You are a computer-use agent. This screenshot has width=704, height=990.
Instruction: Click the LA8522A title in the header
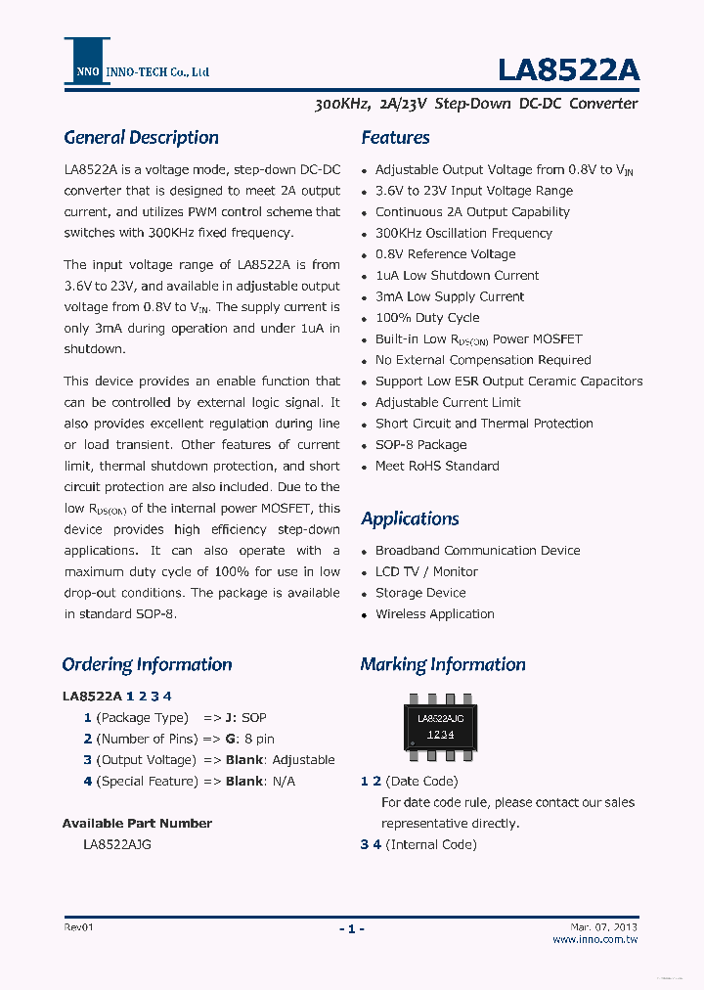pyautogui.click(x=568, y=70)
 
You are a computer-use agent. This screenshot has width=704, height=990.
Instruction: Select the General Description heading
pyautogui.click(x=141, y=138)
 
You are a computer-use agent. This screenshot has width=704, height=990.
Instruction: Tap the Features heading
pyautogui.click(x=395, y=138)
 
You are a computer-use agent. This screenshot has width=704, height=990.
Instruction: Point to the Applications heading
pyautogui.click(x=410, y=518)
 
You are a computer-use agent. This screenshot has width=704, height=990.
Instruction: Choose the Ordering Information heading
pyautogui.click(x=147, y=665)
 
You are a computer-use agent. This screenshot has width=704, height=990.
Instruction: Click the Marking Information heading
pyautogui.click(x=442, y=665)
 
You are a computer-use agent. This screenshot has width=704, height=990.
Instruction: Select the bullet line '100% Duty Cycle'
pyautogui.click(x=427, y=318)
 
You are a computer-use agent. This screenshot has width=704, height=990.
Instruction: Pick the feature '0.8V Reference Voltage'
pyautogui.click(x=445, y=254)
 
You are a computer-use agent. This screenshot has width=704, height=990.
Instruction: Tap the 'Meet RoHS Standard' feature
pyautogui.click(x=437, y=467)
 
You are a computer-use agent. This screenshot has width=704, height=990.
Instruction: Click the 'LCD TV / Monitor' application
pyautogui.click(x=426, y=572)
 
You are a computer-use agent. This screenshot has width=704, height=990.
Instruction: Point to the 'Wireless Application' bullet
pyautogui.click(x=434, y=614)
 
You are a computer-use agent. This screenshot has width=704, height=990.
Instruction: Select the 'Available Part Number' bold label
pyautogui.click(x=137, y=824)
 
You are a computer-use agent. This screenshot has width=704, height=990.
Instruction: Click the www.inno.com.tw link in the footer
pyautogui.click(x=594, y=939)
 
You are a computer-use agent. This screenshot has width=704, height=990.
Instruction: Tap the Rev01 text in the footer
pyautogui.click(x=80, y=926)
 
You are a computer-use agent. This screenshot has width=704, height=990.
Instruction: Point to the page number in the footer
pyautogui.click(x=351, y=928)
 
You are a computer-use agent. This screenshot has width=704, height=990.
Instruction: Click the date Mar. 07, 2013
pyautogui.click(x=603, y=926)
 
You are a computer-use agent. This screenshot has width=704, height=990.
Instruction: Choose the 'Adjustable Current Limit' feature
pyautogui.click(x=448, y=403)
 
